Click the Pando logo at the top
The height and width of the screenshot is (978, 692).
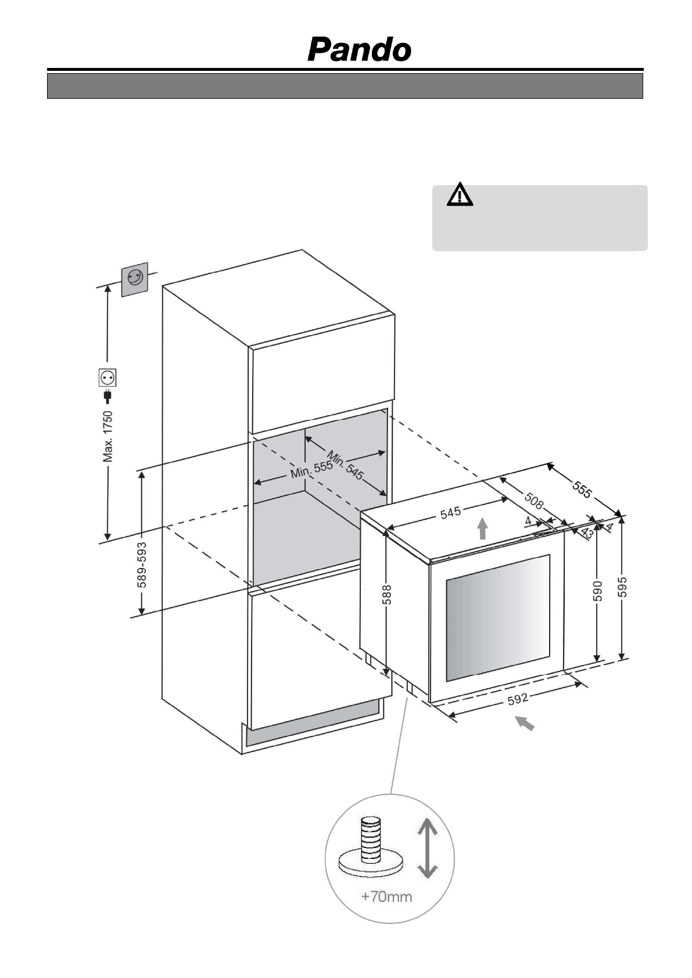coord(359,50)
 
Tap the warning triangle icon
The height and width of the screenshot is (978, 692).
coord(460,195)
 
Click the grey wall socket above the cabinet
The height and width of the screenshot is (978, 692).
coord(134,279)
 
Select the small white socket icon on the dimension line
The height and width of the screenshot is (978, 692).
coord(107,377)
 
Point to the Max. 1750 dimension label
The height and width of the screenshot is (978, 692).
coord(108,436)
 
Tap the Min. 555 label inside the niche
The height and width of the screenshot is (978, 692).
coord(311,469)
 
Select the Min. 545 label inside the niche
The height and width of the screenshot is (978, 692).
coord(345,465)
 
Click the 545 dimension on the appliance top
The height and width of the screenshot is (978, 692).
coord(450,513)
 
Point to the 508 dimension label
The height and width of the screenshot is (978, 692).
coord(534,501)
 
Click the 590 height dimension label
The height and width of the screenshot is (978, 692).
coord(598,591)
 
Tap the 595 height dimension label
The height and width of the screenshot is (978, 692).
coord(623,587)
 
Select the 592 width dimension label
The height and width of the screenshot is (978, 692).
coord(518,700)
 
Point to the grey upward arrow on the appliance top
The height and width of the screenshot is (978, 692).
coord(482,529)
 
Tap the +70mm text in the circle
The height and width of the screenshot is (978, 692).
coord(386,897)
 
